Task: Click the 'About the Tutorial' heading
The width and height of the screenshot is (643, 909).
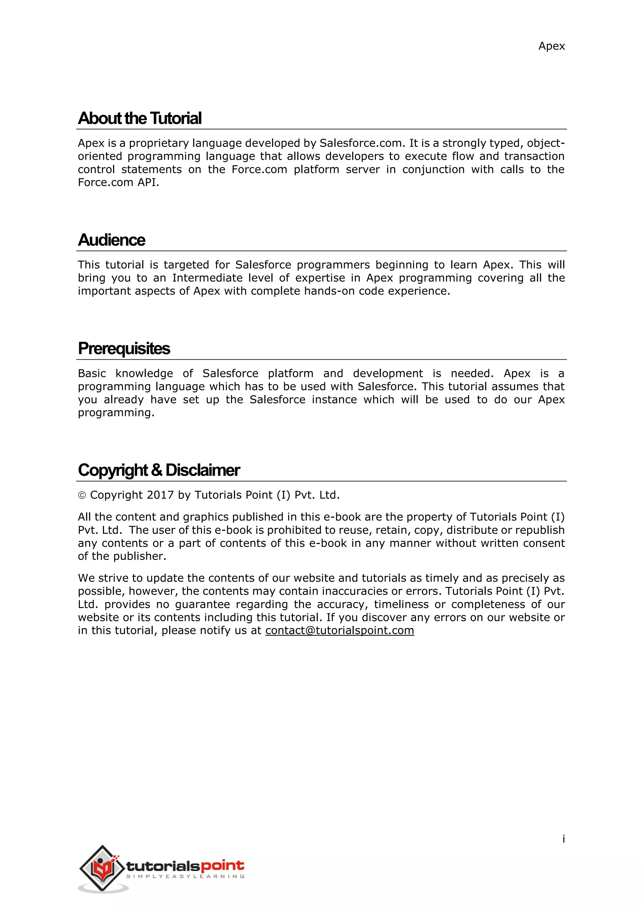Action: coord(140,118)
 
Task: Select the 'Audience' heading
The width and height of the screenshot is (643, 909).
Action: coord(112,240)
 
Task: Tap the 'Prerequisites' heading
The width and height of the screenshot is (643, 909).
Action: coord(124,348)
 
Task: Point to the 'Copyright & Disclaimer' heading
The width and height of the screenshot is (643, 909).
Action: coord(159,470)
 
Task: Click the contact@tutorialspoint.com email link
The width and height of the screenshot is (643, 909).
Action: coord(340,630)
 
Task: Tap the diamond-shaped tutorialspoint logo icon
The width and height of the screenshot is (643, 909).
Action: coord(102,868)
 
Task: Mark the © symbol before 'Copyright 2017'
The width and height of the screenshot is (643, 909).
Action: coord(82,495)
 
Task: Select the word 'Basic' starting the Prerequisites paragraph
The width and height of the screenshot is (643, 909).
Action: coord(92,373)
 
